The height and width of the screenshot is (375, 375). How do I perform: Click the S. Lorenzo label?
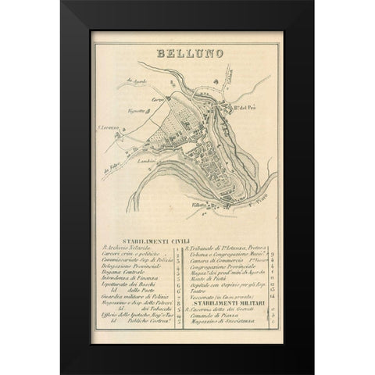tap(107, 125)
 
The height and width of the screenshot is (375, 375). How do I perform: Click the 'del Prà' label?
tap(245, 107)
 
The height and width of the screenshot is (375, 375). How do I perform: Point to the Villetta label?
tap(201, 205)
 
